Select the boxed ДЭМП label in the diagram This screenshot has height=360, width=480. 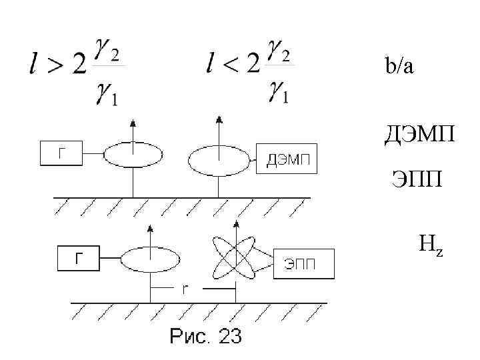[287, 159]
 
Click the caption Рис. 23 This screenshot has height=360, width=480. [205, 337]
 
